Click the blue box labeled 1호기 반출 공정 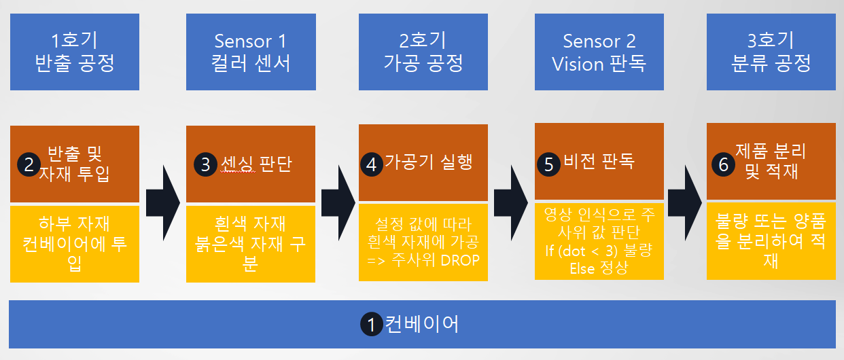[x=75, y=52]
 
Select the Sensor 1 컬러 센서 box [x=251, y=52]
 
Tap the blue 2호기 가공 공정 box [x=423, y=52]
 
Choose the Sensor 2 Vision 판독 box [x=599, y=52]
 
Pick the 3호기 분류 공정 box [x=771, y=52]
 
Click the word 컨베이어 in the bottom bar [x=422, y=324]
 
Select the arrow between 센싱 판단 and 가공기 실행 [x=338, y=202]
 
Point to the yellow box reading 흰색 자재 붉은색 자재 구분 [x=251, y=243]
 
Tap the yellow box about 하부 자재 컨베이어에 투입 [x=75, y=243]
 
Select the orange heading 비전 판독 [x=599, y=162]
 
